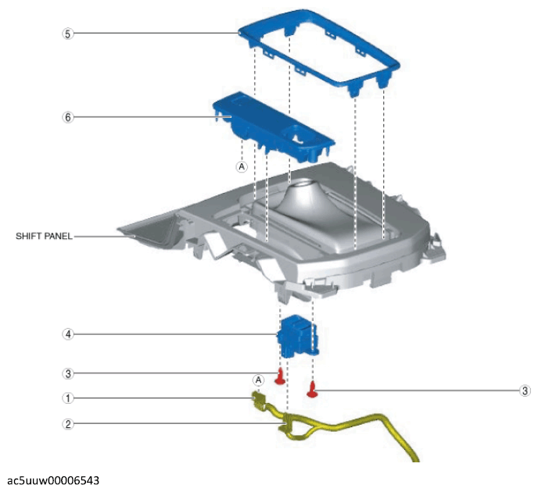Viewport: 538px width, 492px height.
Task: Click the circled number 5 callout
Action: (67, 34)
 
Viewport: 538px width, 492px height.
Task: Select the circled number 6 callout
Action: (67, 117)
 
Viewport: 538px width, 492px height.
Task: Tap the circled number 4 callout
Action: (67, 333)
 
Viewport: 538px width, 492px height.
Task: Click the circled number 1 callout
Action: (67, 398)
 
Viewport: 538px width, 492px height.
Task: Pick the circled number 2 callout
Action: (67, 424)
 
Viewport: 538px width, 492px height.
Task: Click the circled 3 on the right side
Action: (525, 390)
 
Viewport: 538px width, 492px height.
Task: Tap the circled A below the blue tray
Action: (242, 167)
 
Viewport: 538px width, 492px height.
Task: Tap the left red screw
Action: (279, 378)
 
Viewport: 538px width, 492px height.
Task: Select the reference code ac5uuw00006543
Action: (52, 479)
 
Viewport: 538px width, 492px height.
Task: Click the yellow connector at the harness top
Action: (259, 400)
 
